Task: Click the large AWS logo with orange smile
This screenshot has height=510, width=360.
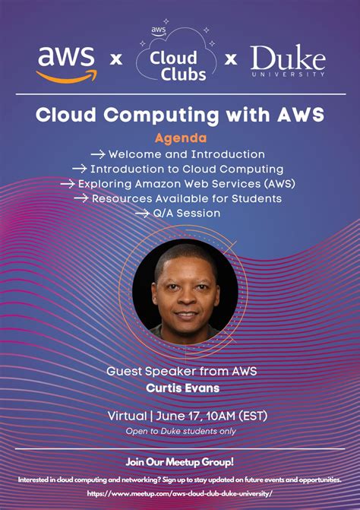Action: click(x=67, y=65)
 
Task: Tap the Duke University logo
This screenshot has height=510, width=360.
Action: click(x=288, y=61)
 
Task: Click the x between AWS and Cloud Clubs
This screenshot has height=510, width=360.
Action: click(x=116, y=59)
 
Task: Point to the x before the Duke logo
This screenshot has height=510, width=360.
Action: click(x=231, y=59)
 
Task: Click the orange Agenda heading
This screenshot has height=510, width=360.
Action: click(x=181, y=138)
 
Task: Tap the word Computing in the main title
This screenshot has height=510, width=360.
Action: click(x=162, y=116)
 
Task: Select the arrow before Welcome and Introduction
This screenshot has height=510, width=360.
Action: click(x=98, y=154)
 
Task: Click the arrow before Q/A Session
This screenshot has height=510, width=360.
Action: click(x=142, y=214)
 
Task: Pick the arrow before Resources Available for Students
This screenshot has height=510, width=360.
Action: click(x=81, y=198)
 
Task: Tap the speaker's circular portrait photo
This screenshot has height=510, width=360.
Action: click(x=185, y=291)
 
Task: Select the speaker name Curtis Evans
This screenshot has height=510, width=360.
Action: click(x=183, y=388)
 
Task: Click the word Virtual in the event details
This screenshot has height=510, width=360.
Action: click(x=127, y=416)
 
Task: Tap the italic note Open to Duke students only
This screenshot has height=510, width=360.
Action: click(x=181, y=431)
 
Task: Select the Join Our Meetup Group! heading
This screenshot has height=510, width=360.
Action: click(x=180, y=462)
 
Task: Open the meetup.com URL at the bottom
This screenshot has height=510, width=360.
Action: click(x=179, y=494)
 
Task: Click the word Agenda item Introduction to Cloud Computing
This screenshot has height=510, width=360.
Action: click(x=187, y=169)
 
